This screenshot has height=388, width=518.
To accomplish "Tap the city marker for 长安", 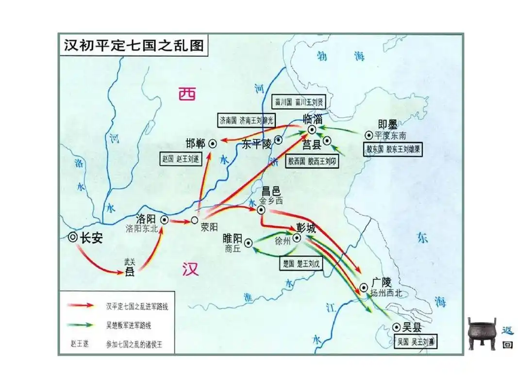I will (73, 237).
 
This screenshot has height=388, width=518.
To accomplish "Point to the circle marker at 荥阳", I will (194, 221).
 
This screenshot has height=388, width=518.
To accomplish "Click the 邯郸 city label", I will (195, 144).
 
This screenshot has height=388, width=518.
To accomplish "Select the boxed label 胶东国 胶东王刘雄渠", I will (393, 150).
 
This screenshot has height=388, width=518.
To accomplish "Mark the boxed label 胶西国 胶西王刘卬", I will (312, 162).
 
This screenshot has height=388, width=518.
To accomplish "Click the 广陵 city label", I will (381, 283).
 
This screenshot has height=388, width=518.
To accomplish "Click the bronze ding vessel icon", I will (482, 333).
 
